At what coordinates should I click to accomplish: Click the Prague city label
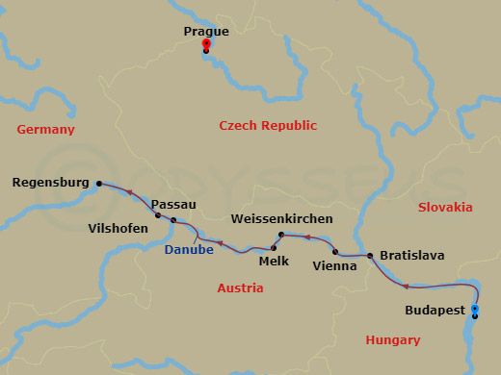tap(205, 32)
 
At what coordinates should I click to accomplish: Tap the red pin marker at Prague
tap(206, 45)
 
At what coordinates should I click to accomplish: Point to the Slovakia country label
tap(445, 207)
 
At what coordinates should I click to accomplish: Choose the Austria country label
tap(240, 287)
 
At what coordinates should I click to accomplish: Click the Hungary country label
tap(393, 339)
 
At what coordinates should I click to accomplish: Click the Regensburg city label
tap(52, 182)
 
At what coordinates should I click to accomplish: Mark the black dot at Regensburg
tap(97, 182)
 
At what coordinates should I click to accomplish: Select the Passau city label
tap(173, 205)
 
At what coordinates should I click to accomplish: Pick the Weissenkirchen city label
tap(282, 219)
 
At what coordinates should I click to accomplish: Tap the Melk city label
tap(275, 260)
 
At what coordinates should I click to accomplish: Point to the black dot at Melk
tap(271, 246)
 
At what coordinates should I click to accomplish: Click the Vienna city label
tap(335, 265)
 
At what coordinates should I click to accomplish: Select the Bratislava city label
tap(411, 255)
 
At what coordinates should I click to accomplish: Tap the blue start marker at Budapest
tap(474, 309)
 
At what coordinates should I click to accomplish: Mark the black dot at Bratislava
tap(369, 255)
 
